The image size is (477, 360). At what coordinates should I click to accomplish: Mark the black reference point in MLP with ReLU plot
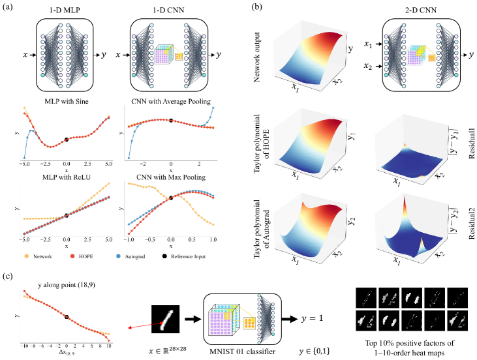tap(67, 216)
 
